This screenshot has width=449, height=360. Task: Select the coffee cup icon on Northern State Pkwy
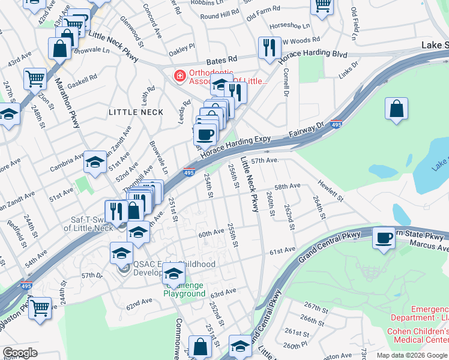pyautogui.click(x=384, y=238)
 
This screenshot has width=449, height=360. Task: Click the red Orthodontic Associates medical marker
pyautogui.click(x=178, y=76)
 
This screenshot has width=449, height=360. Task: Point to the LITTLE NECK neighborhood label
pyautogui.click(x=136, y=112)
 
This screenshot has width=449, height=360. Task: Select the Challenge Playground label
pyautogui.click(x=185, y=290)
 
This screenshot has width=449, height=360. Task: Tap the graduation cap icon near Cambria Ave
pyautogui.click(x=95, y=161)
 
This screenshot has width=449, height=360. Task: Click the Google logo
pyautogui.click(x=20, y=353)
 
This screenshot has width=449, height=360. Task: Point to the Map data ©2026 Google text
pyautogui.click(x=412, y=355)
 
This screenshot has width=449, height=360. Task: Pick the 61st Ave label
pyautogui.click(x=282, y=250)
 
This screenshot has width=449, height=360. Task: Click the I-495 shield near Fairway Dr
pyautogui.click(x=337, y=124)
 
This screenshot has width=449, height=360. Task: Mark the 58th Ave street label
pyautogui.click(x=287, y=187)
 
